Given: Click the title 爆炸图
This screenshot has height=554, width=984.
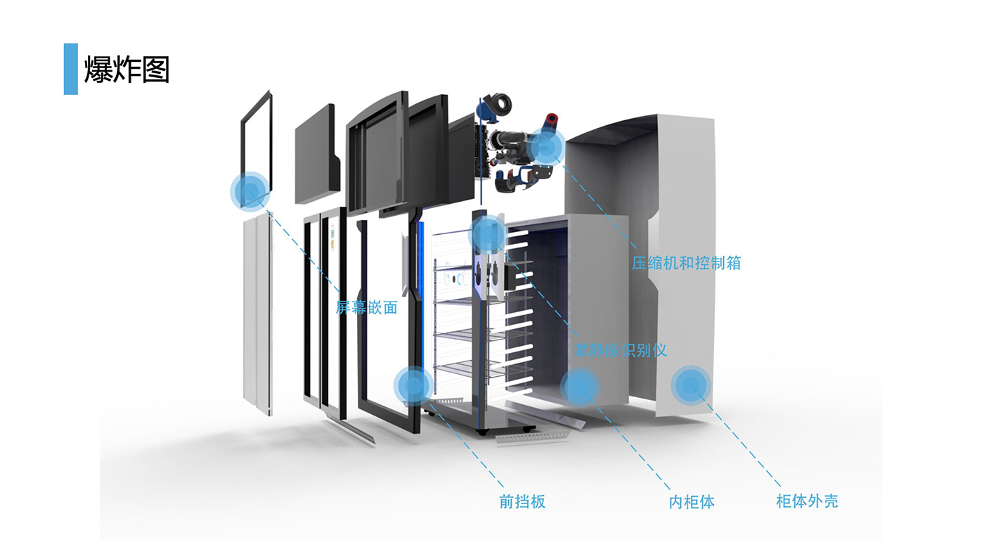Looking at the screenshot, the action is pyautogui.click(x=127, y=70).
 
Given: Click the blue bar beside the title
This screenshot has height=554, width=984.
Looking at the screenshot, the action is pyautogui.click(x=70, y=69).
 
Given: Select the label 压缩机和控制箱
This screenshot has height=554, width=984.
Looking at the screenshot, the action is pyautogui.click(x=685, y=263).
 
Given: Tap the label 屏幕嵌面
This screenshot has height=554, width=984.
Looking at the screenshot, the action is pyautogui.click(x=366, y=307).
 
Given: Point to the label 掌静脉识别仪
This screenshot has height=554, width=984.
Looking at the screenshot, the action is pyautogui.click(x=620, y=349).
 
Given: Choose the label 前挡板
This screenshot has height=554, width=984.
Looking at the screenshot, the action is pyautogui.click(x=522, y=501).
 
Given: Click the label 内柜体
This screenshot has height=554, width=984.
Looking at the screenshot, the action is pyautogui.click(x=692, y=502).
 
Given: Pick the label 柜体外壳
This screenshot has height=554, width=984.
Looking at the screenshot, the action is pyautogui.click(x=807, y=501).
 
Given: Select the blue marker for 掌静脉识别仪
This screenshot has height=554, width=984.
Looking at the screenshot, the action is pyautogui.click(x=488, y=234).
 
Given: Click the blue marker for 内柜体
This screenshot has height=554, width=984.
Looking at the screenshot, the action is pyautogui.click(x=579, y=385).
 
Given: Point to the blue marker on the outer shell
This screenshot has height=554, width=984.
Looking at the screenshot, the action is pyautogui.click(x=691, y=385).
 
